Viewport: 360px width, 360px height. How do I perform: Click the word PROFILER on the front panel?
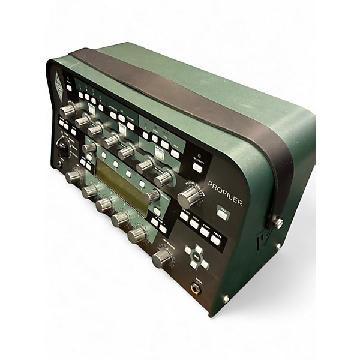(x=225, y=194)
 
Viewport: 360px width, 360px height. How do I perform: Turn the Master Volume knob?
(x=189, y=197)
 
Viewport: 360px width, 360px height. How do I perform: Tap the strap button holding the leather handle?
(x=278, y=223)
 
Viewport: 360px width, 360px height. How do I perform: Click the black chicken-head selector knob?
(x=62, y=143)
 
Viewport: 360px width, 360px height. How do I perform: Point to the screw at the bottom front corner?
(x=226, y=299)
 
